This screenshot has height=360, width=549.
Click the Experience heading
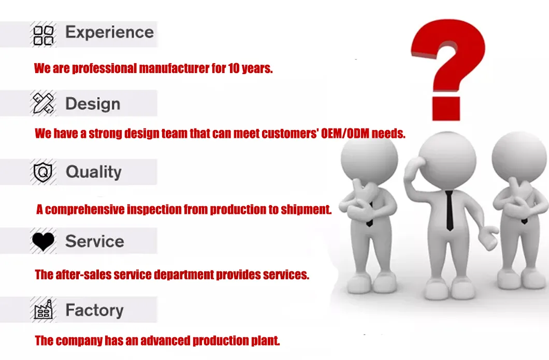(110, 33)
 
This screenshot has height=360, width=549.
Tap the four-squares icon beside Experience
(44, 35)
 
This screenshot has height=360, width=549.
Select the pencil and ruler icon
(44, 103)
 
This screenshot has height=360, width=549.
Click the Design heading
(93, 104)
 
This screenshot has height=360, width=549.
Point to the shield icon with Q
(42, 171)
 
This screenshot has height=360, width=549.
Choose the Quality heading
(93, 172)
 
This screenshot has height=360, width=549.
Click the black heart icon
(44, 241)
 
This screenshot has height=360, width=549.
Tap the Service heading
(95, 241)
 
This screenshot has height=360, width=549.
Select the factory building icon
(44, 310)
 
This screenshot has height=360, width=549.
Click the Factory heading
(95, 310)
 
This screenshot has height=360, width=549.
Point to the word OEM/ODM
(345, 134)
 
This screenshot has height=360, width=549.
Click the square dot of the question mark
(446, 109)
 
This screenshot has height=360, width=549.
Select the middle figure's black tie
(449, 210)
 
